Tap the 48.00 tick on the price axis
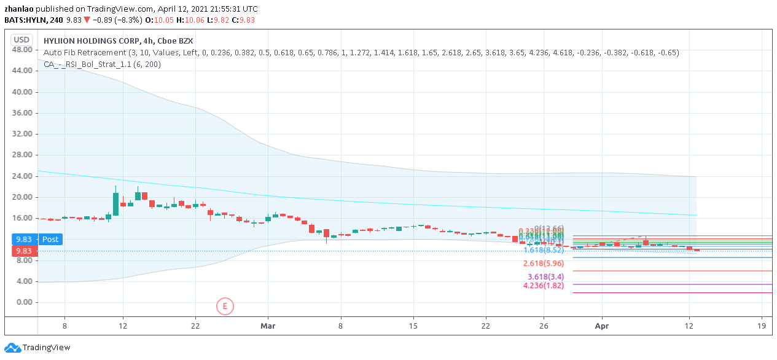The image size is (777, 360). pos(22,50)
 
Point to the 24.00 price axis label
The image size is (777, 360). pos(22,176)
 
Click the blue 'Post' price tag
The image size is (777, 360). pos(50,239)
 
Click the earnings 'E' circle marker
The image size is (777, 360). pos(225,305)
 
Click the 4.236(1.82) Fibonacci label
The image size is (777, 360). pos(543,286)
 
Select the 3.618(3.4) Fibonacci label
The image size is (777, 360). pos(545,277)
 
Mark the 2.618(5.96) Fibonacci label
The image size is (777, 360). pos(543,264)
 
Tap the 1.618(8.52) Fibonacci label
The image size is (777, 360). pos(543,250)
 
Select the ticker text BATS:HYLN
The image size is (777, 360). pos(25,20)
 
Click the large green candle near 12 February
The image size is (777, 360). pos(115,204)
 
